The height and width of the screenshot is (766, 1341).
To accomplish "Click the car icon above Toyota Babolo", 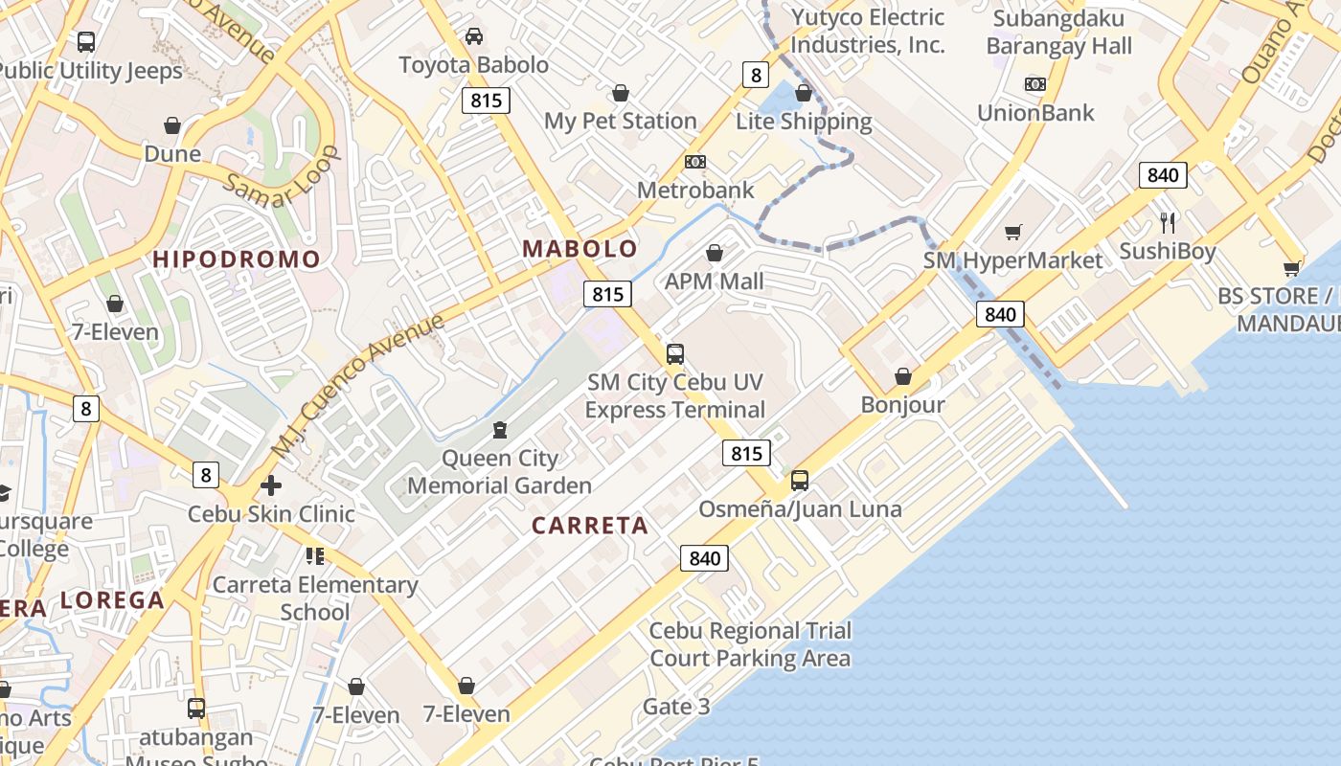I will click(474, 36).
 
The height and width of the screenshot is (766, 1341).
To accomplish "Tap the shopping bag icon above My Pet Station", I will click(621, 93).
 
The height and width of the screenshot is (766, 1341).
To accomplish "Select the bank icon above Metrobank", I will click(695, 162).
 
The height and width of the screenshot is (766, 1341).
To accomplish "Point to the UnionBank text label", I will click(1035, 113).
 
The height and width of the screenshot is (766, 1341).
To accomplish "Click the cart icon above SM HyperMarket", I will click(1013, 232).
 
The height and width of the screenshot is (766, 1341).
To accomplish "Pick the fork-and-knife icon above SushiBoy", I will click(1168, 223).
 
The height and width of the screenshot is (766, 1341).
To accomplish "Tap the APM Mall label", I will click(715, 281).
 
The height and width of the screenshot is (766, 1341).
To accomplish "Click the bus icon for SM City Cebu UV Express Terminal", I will click(675, 354).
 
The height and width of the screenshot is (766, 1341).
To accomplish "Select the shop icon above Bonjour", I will click(902, 376).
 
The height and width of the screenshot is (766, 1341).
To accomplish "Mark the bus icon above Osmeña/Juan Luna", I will click(800, 481).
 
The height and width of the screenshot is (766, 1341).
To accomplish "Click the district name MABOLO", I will click(580, 249).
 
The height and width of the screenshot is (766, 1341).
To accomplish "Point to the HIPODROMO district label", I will click(237, 259).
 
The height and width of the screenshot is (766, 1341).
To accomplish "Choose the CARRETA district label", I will click(590, 525).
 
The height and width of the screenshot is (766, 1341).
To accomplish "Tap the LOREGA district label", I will click(112, 600).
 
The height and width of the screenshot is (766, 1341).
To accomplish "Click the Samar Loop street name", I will click(284, 176).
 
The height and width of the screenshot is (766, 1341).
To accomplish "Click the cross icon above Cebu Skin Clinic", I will click(271, 485).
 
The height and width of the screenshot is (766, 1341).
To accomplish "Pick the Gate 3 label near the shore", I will click(676, 707).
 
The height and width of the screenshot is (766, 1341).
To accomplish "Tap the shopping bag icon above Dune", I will click(172, 125).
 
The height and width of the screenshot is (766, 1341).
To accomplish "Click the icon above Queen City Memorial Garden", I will click(499, 429).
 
